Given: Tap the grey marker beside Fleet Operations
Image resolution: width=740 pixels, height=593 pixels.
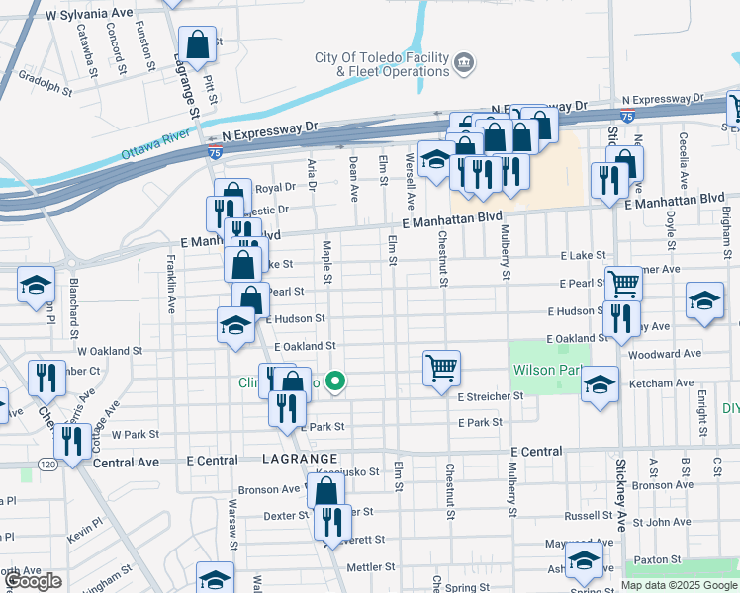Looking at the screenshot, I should [x=463, y=65].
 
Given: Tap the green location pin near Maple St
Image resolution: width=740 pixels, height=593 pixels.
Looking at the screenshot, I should [x=336, y=381].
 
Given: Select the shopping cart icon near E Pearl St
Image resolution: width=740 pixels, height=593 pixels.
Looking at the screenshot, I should [x=623, y=284].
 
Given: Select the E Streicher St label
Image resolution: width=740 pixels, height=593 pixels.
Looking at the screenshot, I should [x=490, y=396].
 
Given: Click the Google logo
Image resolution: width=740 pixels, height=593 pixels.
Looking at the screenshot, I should [x=33, y=581].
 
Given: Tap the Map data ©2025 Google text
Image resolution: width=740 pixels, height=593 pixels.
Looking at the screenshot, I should [x=679, y=585].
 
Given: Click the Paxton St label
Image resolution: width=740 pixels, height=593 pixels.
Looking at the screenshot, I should [x=681, y=559].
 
